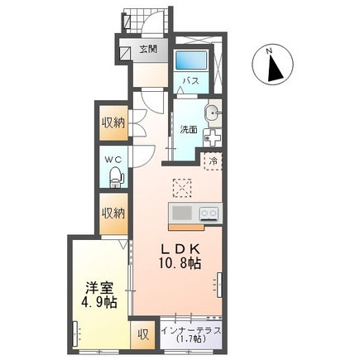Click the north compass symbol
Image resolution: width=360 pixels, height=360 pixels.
(x=275, y=66)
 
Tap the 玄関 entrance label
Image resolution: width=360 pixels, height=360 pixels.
(x=149, y=50)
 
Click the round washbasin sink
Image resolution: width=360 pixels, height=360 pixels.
(x=212, y=113)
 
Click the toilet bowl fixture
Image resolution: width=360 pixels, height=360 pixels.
(x=115, y=176)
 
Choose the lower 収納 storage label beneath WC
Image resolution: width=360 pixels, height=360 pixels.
(x=113, y=213)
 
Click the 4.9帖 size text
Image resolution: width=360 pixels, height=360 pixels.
(x=98, y=304)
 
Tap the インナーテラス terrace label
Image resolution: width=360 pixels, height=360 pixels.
(x=191, y=330)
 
